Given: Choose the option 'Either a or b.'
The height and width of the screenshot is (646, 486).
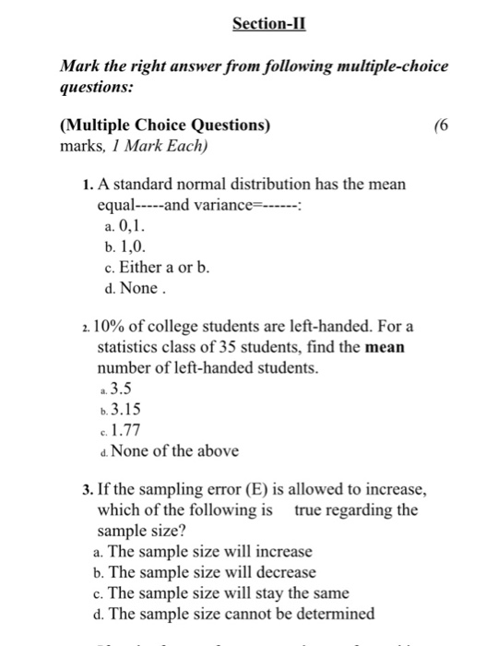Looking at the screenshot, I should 158,268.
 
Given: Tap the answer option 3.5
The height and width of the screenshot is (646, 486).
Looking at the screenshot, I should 121,387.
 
